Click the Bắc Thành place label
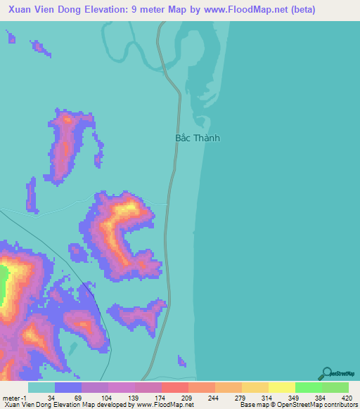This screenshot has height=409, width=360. click(x=197, y=138)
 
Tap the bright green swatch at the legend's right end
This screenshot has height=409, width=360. click(x=335, y=387)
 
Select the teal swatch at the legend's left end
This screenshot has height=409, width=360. click(x=41, y=387)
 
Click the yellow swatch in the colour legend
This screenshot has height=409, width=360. click(x=281, y=387)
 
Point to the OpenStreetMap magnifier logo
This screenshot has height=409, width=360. click(x=325, y=373)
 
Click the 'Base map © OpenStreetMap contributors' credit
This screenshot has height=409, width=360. click(x=297, y=405)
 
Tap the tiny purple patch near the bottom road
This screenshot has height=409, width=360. click(x=181, y=361)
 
